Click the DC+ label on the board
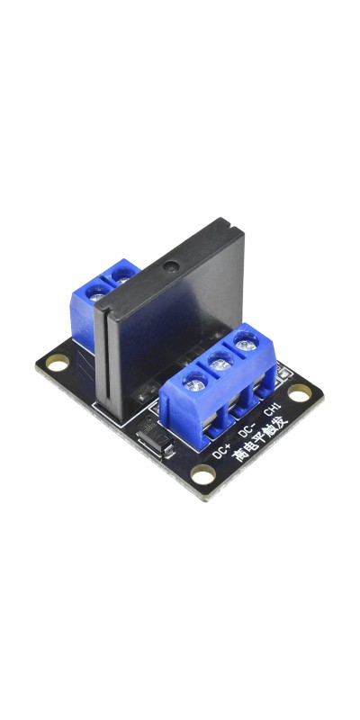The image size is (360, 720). tap(222, 452)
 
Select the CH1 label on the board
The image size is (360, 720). tap(272, 409)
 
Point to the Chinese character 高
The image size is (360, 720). tap(239, 454)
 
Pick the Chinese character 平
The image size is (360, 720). tap(260, 436)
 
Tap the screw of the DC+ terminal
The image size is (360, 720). tap(195, 381)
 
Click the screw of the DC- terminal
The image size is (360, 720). tap(220, 363)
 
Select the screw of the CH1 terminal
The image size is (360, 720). tap(246, 343)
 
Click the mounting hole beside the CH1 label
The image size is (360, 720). tap(299, 393)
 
